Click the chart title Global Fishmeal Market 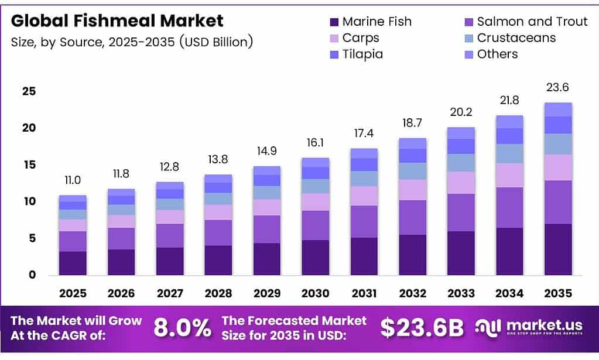117,21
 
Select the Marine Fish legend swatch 334,22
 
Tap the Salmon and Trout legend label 532,22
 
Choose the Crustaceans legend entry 516,38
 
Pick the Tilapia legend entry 362,54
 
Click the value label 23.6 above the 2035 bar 558,88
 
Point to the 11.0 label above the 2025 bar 73,181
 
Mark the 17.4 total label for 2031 364,134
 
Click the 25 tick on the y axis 29,91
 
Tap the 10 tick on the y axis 29,201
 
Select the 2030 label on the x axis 315,293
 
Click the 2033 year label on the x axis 461,293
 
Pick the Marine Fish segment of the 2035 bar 558,249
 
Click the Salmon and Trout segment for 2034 509,207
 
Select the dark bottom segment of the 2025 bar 73,263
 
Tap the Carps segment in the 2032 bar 412,190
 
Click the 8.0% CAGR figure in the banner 182,328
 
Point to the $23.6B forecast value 422,328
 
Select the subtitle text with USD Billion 132,42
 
